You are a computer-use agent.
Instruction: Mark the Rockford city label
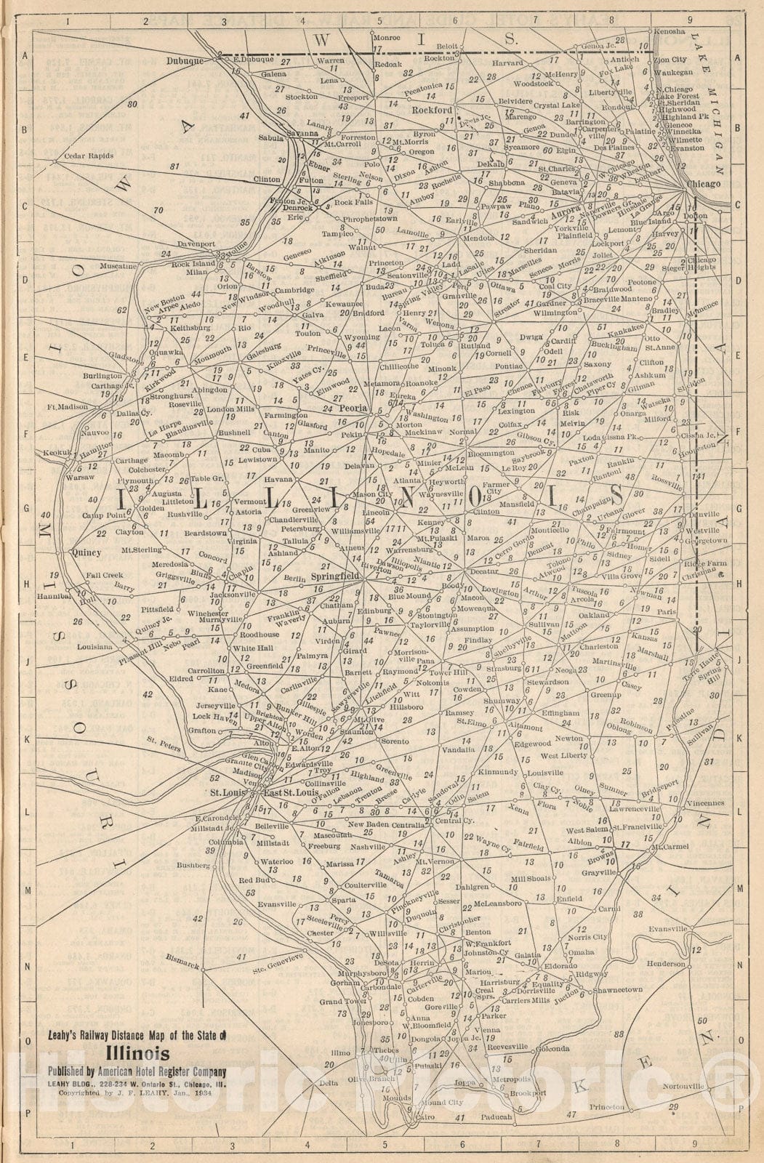433,110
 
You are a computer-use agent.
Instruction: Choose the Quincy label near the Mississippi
87,552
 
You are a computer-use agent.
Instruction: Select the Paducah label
496,1116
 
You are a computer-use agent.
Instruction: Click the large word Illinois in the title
138,1054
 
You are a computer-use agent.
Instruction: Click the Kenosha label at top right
669,32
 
